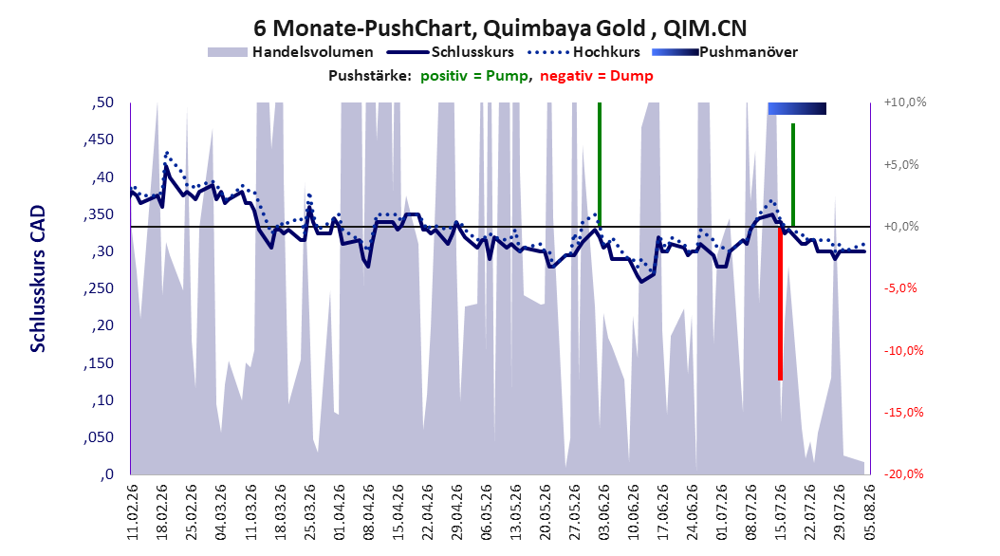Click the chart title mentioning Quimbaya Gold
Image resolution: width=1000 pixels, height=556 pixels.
pyautogui.click(x=499, y=28)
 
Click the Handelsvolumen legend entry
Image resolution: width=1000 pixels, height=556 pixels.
pyautogui.click(x=290, y=52)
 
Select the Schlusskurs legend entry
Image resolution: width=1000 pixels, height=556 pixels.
pyautogui.click(x=451, y=52)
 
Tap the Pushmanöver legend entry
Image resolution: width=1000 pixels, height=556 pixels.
pyautogui.click(x=725, y=52)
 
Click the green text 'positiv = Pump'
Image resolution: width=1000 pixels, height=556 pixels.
pyautogui.click(x=474, y=76)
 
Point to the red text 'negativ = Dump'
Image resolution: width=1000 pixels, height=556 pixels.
pyautogui.click(x=597, y=76)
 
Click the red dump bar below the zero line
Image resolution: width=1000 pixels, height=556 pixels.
pyautogui.click(x=780, y=304)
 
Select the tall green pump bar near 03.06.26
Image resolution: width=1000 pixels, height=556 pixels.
pyautogui.click(x=600, y=164)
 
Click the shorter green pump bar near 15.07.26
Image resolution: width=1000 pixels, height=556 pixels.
pyautogui.click(x=793, y=175)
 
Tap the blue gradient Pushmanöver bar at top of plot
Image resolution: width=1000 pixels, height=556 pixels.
pyautogui.click(x=797, y=108)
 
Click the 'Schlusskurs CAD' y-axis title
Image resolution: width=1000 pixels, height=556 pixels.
pyautogui.click(x=38, y=279)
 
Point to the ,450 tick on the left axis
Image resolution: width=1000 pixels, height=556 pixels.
pyautogui.click(x=99, y=139)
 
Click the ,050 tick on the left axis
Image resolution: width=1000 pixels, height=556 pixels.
pyautogui.click(x=99, y=437)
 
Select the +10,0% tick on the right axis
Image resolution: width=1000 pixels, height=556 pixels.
pyautogui.click(x=905, y=102)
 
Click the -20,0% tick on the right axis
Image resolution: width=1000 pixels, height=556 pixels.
pyautogui.click(x=904, y=473)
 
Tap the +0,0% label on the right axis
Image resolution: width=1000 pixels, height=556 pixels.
pyautogui.click(x=900, y=227)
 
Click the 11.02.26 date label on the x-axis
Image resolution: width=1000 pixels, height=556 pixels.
pyautogui.click(x=133, y=512)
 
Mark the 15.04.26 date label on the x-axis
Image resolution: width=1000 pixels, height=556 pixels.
pyautogui.click(x=398, y=512)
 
